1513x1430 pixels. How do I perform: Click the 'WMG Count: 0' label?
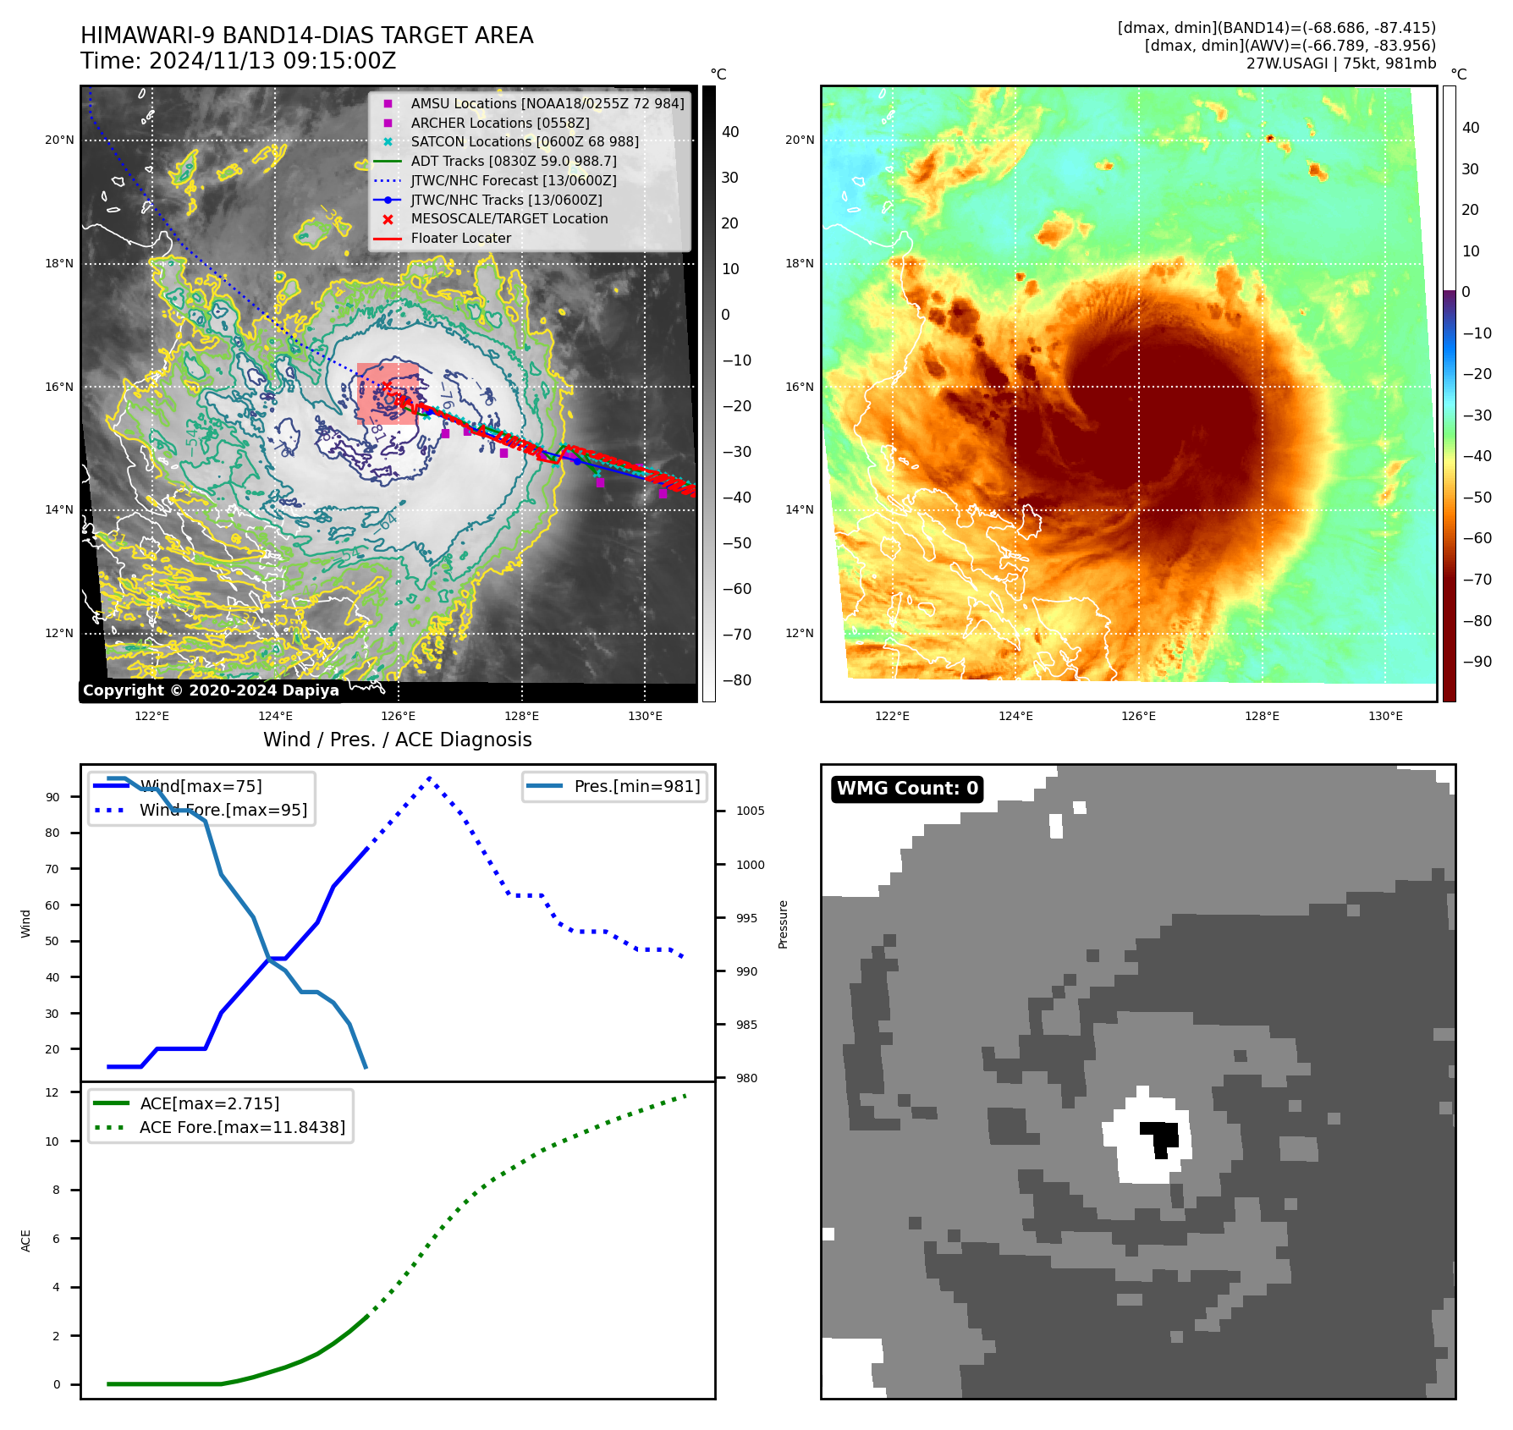907,789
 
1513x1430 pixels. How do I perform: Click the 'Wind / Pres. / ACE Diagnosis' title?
397,740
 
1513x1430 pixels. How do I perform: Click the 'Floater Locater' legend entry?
460,239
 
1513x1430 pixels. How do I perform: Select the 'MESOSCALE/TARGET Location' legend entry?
509,219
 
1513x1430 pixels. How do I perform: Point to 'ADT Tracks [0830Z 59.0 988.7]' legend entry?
513,161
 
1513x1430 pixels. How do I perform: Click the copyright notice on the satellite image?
211,690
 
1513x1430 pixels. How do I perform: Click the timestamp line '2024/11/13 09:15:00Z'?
239,61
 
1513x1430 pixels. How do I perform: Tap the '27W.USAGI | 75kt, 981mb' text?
1340,63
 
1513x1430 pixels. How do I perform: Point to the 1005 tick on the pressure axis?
750,811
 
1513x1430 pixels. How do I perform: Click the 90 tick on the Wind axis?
52,797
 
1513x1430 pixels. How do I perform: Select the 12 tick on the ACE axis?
52,1092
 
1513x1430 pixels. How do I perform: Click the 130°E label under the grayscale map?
645,717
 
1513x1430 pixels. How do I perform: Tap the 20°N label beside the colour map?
800,140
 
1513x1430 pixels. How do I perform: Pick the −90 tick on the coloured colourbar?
1477,662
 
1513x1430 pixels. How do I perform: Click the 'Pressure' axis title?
783,924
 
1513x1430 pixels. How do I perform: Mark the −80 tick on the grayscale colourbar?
736,680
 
